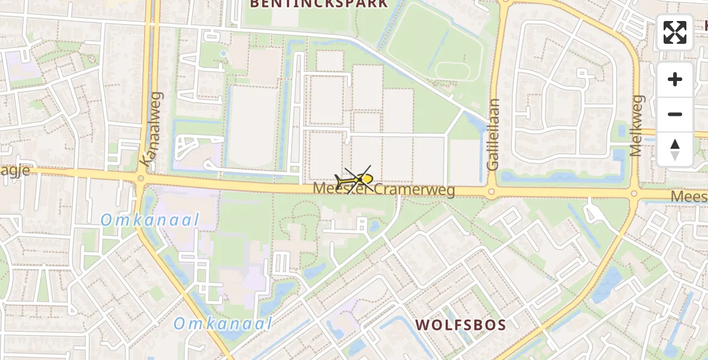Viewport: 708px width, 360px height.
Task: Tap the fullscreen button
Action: [675, 32]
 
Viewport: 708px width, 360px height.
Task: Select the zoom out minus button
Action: [675, 114]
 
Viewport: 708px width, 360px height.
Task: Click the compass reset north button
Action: [675, 149]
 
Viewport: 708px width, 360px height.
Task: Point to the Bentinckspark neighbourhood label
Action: [318, 4]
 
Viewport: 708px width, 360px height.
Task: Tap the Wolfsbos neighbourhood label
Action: [461, 325]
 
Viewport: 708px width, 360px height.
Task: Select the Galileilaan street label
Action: [494, 135]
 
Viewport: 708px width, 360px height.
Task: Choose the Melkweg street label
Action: [636, 125]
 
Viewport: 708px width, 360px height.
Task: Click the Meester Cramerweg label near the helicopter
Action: [384, 190]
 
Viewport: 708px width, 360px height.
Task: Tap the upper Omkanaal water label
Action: [149, 220]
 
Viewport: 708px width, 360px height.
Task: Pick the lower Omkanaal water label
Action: [223, 324]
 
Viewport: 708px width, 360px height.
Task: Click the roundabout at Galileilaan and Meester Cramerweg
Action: [491, 193]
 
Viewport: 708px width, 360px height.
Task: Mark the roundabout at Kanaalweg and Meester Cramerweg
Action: [142, 178]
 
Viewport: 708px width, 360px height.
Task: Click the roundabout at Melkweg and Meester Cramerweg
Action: [634, 194]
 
